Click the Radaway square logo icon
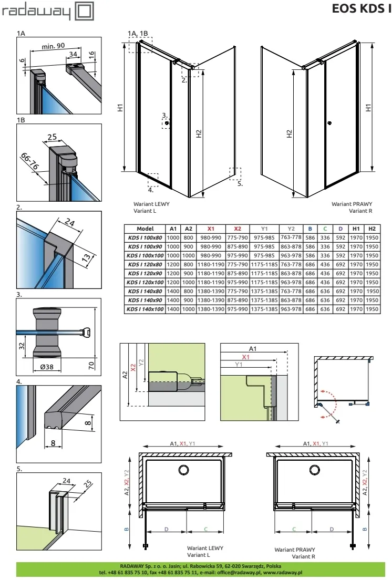point(85,11)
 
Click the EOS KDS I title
point(362,8)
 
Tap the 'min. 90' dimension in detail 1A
point(53,46)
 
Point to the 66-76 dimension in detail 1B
point(29,162)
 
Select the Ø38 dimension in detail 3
point(47,367)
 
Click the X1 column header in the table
point(210,229)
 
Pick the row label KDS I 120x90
point(145,273)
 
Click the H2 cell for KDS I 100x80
point(372,237)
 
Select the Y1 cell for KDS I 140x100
point(264,309)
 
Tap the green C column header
point(325,229)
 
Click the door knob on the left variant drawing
point(168,123)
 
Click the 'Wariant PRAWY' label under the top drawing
point(352,204)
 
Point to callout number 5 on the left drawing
point(240,183)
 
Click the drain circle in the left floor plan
point(183,470)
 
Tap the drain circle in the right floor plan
point(315,470)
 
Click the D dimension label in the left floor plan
point(167,530)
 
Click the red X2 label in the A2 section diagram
point(133,367)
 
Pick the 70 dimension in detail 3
point(91,366)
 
